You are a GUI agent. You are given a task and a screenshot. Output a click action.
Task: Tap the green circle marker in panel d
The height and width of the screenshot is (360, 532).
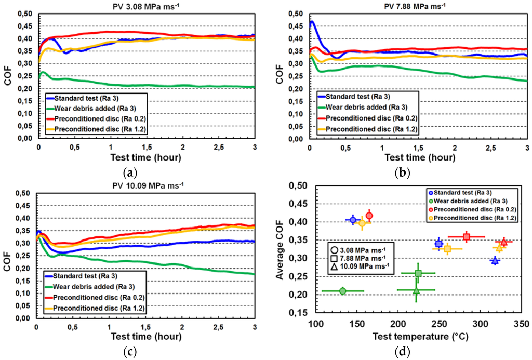[x=342, y=291]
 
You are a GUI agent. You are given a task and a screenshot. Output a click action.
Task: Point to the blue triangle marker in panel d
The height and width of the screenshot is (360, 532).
[x=495, y=260]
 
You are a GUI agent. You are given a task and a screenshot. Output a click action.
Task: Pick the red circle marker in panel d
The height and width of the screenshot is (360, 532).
[x=369, y=216]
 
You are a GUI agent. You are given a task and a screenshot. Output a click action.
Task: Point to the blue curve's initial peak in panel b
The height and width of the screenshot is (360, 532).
[x=311, y=22]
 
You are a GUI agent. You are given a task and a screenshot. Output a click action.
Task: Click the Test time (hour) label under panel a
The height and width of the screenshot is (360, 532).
[x=146, y=157]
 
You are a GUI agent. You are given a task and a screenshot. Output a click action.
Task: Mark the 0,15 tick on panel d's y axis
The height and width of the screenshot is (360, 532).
[x=301, y=313]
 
